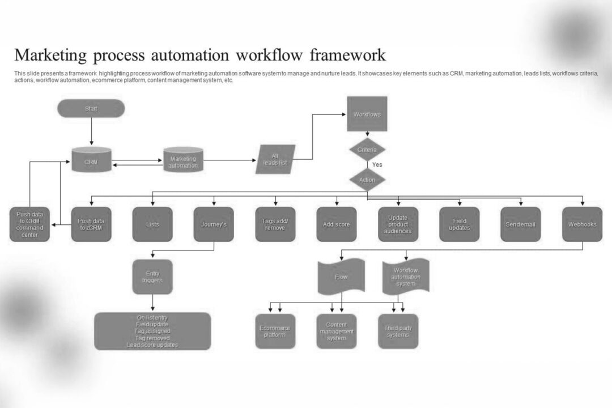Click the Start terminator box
(91, 108)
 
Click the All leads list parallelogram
(276, 159)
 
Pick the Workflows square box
(367, 114)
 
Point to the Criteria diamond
(367, 150)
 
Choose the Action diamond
(367, 180)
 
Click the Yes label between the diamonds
(377, 165)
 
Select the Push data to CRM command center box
(29, 224)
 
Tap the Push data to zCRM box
(91, 224)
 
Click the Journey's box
(214, 224)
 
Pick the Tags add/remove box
(275, 224)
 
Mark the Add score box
(337, 224)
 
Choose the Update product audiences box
(398, 224)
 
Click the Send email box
(520, 224)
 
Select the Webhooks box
(582, 224)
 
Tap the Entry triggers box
(152, 277)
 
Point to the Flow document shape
(341, 277)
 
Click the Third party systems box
(398, 331)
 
